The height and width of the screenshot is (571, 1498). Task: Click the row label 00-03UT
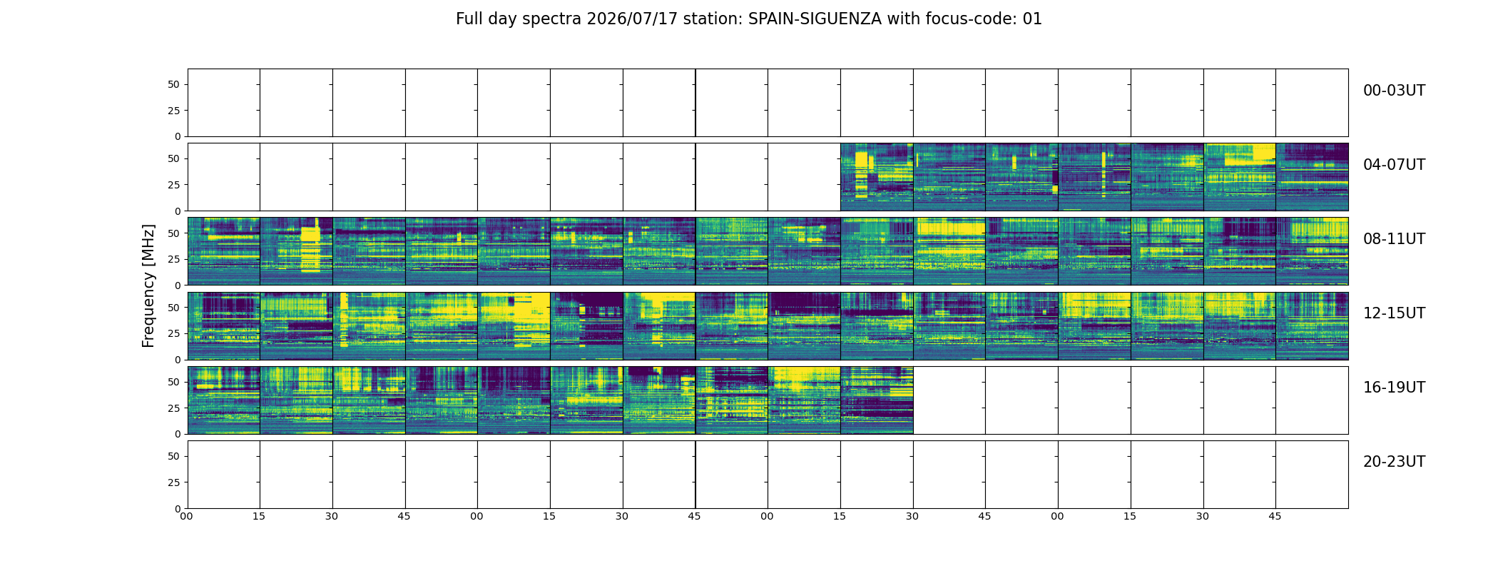tap(1394, 91)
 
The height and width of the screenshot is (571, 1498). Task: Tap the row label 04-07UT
tap(1394, 165)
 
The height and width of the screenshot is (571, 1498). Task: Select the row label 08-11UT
tap(1394, 239)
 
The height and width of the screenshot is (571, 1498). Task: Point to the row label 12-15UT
tap(1394, 313)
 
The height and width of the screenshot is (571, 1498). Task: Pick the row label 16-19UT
tap(1394, 388)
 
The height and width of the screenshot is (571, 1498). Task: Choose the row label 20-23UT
tap(1394, 462)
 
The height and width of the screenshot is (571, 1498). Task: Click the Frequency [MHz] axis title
tap(148, 285)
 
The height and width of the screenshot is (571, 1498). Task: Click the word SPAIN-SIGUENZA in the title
tap(815, 19)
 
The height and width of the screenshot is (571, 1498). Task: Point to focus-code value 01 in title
tap(1032, 19)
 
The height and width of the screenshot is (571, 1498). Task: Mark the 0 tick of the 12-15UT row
tap(177, 360)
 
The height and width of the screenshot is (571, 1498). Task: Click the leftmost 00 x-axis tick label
tap(186, 516)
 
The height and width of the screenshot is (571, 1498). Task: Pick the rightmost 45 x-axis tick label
tap(1275, 516)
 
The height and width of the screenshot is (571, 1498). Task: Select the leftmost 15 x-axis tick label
tap(259, 516)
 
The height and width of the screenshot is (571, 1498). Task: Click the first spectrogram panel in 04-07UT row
tap(877, 177)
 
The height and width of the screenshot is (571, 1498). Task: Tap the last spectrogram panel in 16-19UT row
tap(877, 400)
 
